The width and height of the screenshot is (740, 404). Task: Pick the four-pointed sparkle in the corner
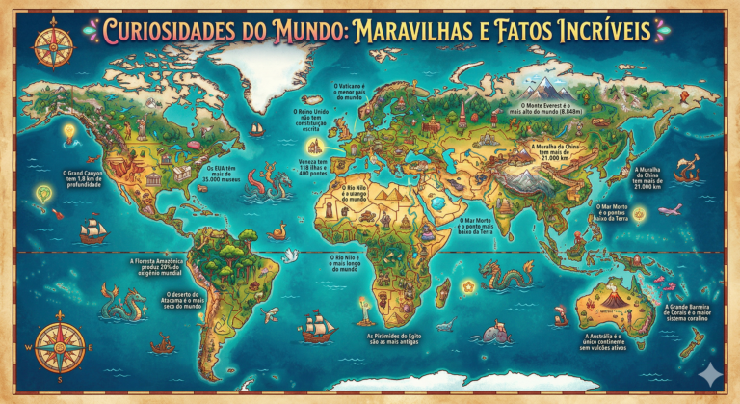[712, 376]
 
